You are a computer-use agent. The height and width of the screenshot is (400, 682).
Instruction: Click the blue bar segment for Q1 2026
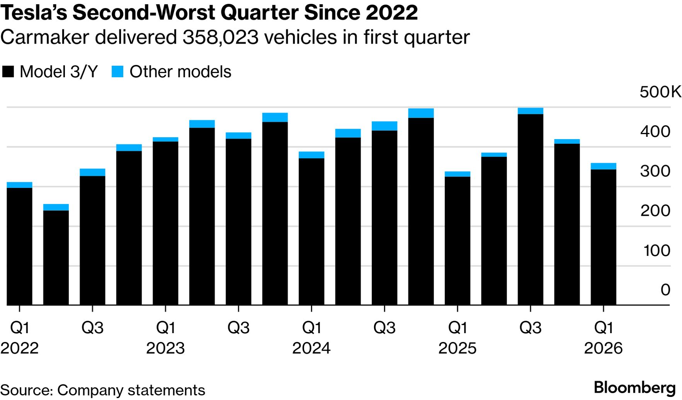[x=603, y=166]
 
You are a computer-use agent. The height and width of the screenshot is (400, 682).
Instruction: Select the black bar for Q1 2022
[x=19, y=246]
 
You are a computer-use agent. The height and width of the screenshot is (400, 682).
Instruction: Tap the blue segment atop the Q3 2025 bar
[x=530, y=111]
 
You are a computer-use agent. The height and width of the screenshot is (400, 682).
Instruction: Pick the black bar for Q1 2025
[x=458, y=240]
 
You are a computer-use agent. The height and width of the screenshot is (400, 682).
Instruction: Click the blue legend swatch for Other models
[x=117, y=72]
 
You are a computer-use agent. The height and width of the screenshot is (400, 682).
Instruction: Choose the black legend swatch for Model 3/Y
[x=8, y=72]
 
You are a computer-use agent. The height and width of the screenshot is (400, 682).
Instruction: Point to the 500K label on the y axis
[x=660, y=92]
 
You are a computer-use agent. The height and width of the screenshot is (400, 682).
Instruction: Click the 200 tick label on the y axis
[x=655, y=211]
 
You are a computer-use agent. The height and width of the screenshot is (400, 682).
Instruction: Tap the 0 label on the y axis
[x=665, y=290]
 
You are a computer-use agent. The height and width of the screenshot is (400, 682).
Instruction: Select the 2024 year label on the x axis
[x=311, y=348]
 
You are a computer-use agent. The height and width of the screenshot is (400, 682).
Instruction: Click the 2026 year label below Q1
[x=603, y=348]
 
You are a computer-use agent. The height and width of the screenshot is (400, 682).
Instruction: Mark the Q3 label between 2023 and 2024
[x=238, y=328]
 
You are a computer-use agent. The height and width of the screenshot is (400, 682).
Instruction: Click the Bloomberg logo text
[x=634, y=387]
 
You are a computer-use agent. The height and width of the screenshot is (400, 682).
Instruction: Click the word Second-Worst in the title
[x=145, y=12]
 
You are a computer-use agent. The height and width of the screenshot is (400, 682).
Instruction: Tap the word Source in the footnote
[x=26, y=390]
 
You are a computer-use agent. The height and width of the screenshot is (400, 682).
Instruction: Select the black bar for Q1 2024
[x=311, y=231]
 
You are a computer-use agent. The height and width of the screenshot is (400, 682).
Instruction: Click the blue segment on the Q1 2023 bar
[x=165, y=140]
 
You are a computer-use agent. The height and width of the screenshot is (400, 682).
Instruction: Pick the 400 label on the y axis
[x=655, y=131]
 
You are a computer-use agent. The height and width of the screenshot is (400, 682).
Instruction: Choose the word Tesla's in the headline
[x=34, y=12]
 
